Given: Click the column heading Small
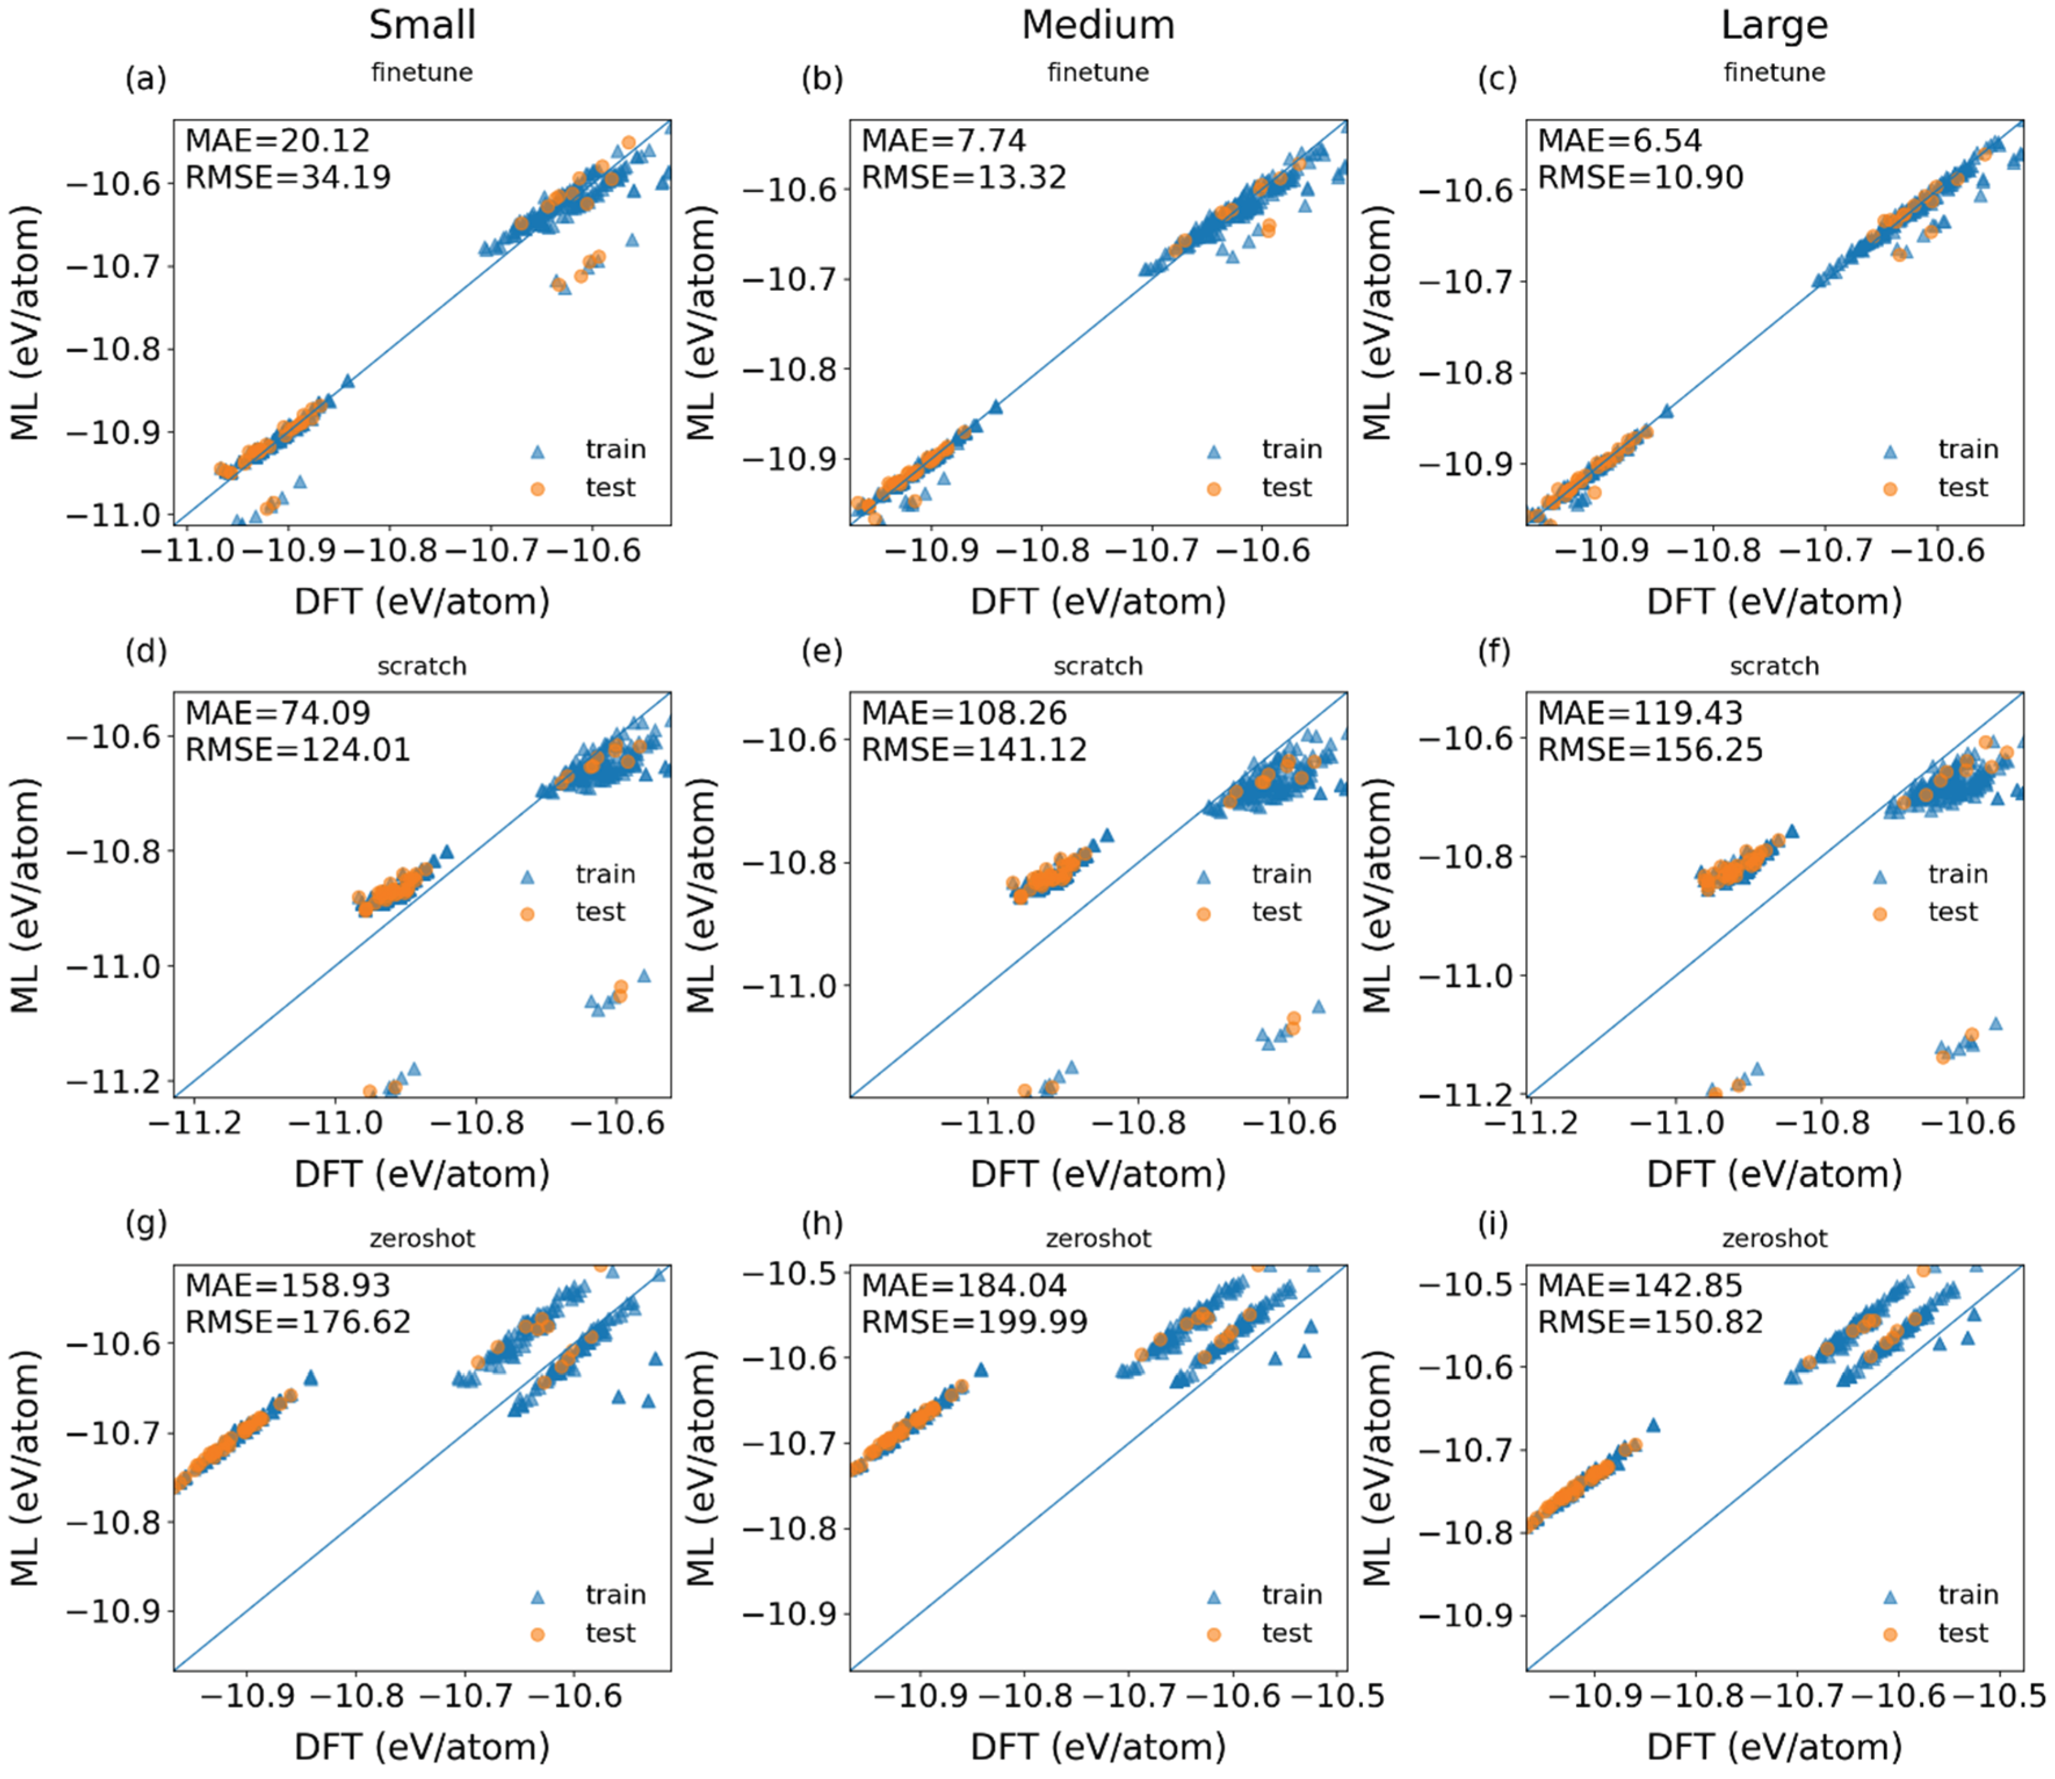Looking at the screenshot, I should point(422,25).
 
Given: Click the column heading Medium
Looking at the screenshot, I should point(1098,25).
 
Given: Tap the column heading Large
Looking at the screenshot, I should point(1774,25).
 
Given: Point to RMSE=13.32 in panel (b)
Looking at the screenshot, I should point(963,178).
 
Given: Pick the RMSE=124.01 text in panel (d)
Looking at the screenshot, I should point(298,750).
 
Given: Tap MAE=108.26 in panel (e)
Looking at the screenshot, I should point(963,713).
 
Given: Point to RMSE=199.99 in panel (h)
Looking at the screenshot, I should point(974,1322).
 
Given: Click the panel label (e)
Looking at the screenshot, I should point(822,652).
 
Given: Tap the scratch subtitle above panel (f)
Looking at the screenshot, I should point(1774,666).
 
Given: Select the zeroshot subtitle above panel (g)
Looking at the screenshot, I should point(422,1238).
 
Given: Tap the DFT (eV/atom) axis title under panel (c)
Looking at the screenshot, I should point(1774,602).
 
